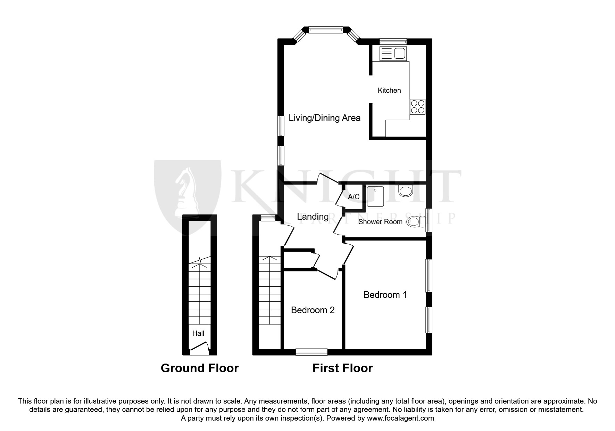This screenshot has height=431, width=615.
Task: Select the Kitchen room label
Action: coord(389,90)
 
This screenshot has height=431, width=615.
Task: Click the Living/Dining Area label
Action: coord(324,118)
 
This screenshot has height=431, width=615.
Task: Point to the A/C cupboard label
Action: coord(354,197)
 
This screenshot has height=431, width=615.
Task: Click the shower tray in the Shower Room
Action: coord(375,196)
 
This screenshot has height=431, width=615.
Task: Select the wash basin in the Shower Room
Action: coord(405,191)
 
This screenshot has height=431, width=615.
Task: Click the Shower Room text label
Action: coord(380,222)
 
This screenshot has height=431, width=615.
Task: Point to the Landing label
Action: coord(313,217)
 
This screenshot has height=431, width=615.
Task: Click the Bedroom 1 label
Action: coord(385,295)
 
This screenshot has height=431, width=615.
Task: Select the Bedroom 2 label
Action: coord(313,310)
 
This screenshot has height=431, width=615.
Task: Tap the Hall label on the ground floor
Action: coord(198,333)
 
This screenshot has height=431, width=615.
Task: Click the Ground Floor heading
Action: coord(199,368)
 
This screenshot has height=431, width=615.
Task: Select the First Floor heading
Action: coord(342,368)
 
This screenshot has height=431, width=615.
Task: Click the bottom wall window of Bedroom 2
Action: coord(311,352)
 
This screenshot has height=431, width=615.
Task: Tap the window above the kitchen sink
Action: coord(393,41)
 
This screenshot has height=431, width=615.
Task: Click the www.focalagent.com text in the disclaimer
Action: coord(400,418)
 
